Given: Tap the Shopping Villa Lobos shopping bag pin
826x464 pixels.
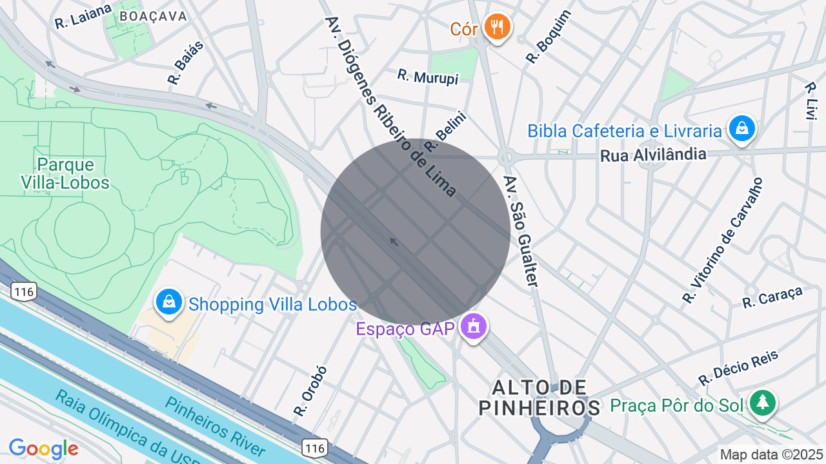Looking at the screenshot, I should [x=168, y=302].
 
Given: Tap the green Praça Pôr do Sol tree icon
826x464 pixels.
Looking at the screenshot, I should [x=763, y=403].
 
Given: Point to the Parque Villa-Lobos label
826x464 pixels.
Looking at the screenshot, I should [x=65, y=174].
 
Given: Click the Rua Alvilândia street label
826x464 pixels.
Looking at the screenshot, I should [x=653, y=155].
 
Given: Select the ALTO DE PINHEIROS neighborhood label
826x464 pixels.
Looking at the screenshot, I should [x=539, y=398].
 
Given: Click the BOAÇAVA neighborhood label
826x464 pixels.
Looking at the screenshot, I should [x=154, y=16].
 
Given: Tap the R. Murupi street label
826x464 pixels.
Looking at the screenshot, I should [x=427, y=77].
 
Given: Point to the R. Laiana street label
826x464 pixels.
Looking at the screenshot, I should [x=83, y=15].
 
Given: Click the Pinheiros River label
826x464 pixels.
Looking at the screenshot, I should [x=215, y=425].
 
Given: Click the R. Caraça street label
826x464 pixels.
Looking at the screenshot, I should [x=772, y=297].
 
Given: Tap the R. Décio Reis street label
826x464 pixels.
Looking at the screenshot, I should [x=738, y=369].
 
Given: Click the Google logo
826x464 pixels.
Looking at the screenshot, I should [x=43, y=449].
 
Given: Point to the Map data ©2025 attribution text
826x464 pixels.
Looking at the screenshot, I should [x=772, y=454].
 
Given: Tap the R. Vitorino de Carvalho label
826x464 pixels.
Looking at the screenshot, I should [x=723, y=240].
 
